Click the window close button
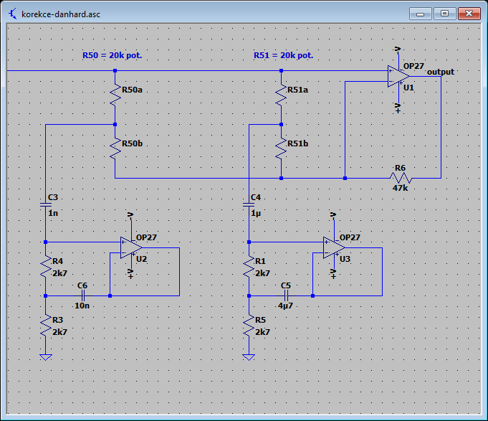coord(469,14)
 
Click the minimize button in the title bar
coord(420,14)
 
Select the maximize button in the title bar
coord(445,14)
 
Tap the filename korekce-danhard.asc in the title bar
coord(61,14)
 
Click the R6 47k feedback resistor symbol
coord(401,178)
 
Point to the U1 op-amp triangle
coord(398,76)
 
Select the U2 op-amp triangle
coord(131,248)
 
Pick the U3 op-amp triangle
coord(334,248)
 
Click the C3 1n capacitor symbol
coord(46,205)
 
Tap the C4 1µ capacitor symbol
coord(249,205)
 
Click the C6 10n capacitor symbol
coord(83,295)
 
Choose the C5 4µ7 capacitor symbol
coord(286,295)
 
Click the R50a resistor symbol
coord(115,95)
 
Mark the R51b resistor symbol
coord(281,148)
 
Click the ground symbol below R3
coord(46,357)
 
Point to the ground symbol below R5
coord(249,357)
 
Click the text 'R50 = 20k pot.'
coord(112,55)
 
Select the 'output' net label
coord(441,72)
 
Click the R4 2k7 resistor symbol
coord(46,267)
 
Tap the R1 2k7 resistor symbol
coord(249,267)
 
